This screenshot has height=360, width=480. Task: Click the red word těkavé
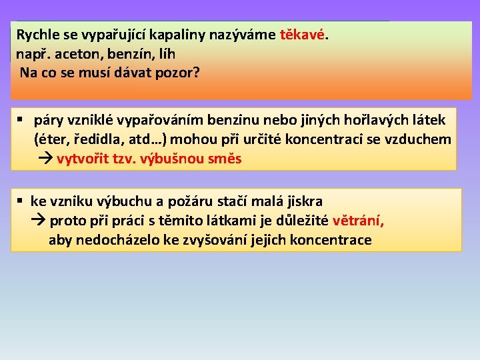click(x=303, y=35)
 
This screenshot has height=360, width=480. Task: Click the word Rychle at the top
click(x=37, y=35)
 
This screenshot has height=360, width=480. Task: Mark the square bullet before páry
click(x=21, y=120)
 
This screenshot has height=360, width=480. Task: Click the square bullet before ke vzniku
click(x=21, y=201)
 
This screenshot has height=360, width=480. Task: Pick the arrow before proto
click(x=39, y=221)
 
